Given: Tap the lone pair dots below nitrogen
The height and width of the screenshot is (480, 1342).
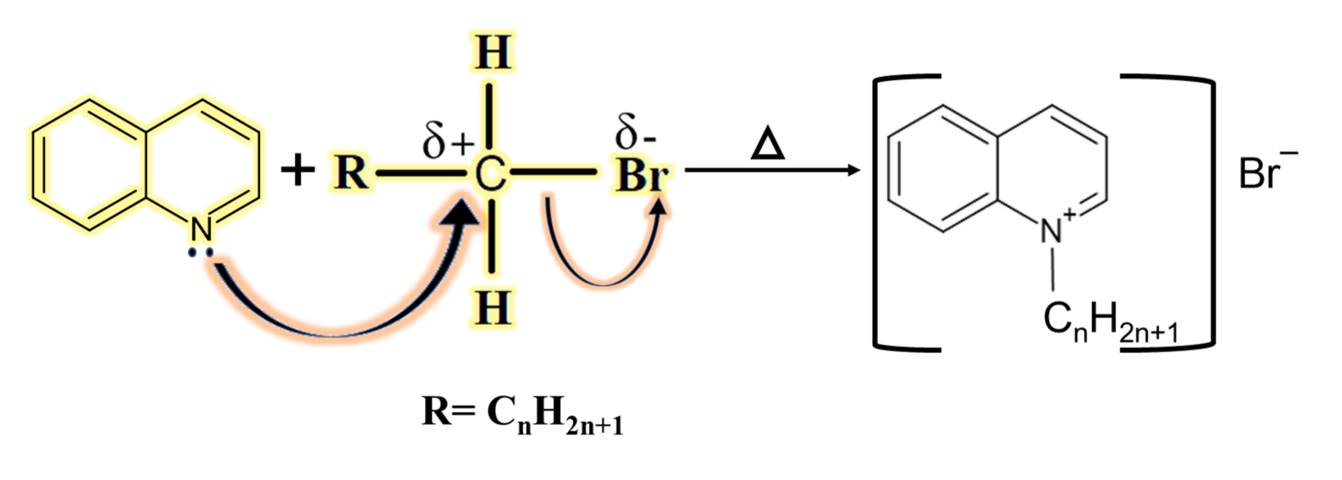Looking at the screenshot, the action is [x=200, y=253].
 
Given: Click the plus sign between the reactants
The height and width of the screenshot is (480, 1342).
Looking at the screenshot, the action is [x=298, y=170].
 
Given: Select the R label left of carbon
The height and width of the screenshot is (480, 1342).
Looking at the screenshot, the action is [x=351, y=172].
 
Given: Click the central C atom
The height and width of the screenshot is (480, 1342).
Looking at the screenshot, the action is [x=490, y=174].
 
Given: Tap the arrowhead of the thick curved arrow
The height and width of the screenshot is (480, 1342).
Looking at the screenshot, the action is [x=459, y=212].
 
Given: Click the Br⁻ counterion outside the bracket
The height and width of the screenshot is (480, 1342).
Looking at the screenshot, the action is [x=1266, y=170].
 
